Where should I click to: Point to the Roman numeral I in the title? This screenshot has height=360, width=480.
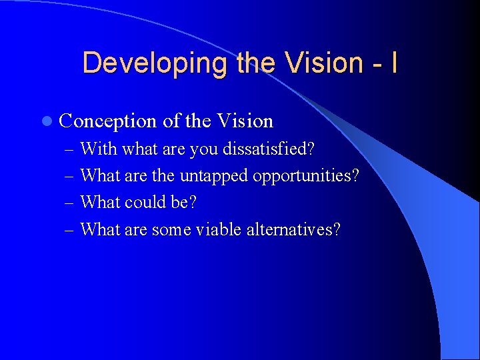point(394,63)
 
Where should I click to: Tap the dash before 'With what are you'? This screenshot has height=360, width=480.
point(71,149)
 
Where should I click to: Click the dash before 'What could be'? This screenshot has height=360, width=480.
point(71,203)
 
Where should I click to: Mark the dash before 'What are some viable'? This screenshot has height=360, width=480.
point(71,230)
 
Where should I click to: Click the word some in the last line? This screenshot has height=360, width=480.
point(171,229)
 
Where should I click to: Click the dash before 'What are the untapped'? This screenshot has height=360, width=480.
point(71,176)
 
